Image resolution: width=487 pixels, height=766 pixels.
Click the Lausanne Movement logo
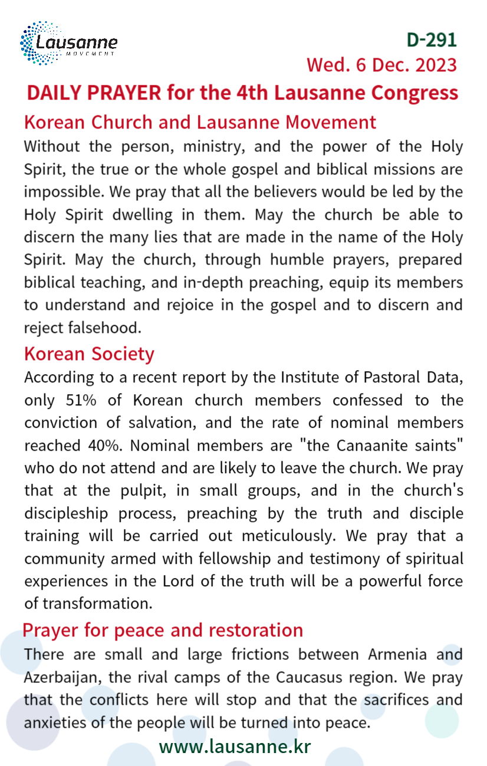(x=68, y=43)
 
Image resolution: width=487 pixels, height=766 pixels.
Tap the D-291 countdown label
(x=432, y=39)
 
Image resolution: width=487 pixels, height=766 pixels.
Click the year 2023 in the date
(x=436, y=65)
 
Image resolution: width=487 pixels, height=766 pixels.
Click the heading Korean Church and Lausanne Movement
(x=200, y=122)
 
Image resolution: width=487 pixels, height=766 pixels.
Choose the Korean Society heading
(x=89, y=354)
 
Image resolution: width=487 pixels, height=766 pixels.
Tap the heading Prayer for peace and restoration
(x=163, y=630)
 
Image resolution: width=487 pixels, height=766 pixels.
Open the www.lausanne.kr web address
(x=235, y=747)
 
